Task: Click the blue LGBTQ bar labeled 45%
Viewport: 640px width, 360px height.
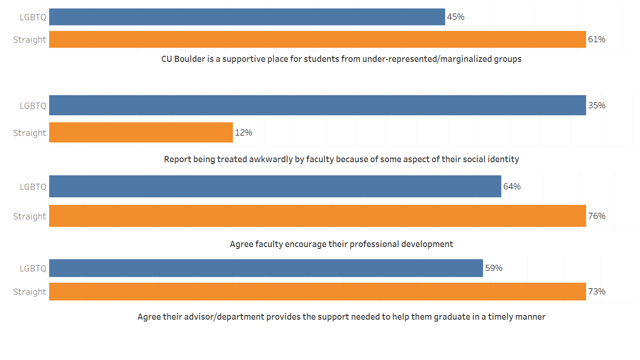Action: tap(247, 17)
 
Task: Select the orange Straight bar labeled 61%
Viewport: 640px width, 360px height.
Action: tap(317, 39)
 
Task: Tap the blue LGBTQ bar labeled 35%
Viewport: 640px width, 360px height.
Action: tap(317, 105)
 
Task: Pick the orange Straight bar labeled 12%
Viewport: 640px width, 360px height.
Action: tap(141, 133)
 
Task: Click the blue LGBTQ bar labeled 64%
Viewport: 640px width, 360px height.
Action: tap(275, 187)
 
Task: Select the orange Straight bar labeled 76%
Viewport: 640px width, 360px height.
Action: tap(317, 216)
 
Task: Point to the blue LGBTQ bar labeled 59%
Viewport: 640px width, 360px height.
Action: tap(266, 268)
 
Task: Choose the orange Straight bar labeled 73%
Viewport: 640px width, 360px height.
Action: tap(317, 292)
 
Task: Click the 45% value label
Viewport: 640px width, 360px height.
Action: tap(456, 17)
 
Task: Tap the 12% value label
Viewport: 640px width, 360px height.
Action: tap(244, 133)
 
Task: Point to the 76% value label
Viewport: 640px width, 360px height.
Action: tap(597, 216)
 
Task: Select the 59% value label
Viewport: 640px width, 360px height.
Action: tap(494, 268)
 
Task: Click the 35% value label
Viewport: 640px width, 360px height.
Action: tap(597, 105)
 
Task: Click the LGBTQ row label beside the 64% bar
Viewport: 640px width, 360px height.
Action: tap(33, 187)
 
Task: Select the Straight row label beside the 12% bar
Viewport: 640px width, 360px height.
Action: tap(30, 133)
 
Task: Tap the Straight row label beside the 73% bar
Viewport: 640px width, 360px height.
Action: tap(30, 292)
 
